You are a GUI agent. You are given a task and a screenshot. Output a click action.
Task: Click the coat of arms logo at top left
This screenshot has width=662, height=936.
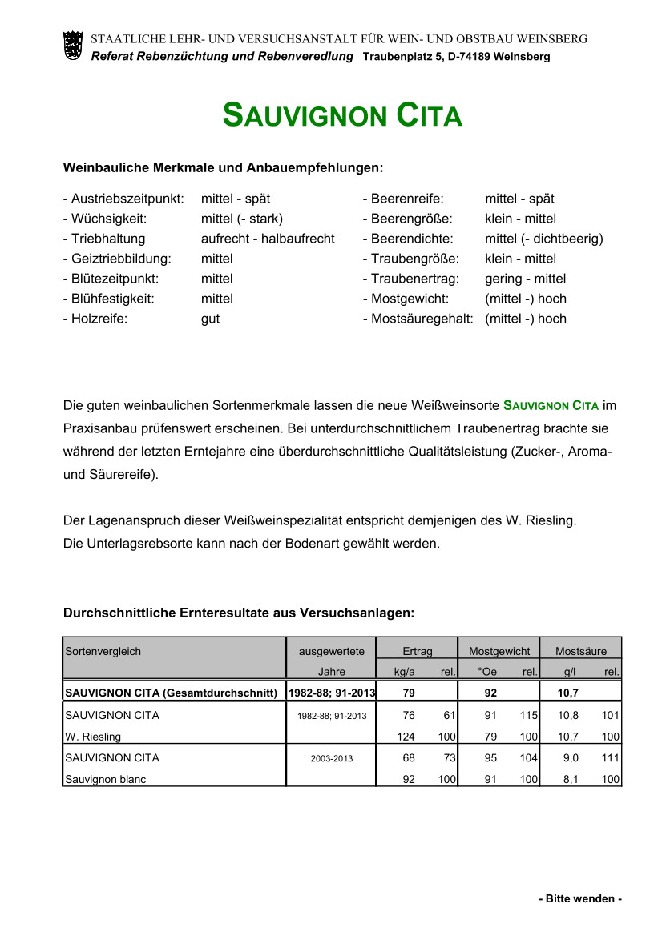72,45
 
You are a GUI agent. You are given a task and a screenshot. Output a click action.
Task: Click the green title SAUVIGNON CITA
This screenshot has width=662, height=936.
342,116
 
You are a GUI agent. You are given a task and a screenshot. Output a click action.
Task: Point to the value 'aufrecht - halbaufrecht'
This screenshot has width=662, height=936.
268,239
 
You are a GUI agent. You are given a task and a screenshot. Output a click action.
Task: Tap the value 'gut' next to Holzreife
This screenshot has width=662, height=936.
210,319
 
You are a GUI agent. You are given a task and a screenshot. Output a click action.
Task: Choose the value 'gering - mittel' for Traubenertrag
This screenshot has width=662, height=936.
525,279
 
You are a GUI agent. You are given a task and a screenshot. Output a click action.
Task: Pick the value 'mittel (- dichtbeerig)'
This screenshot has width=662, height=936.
543,239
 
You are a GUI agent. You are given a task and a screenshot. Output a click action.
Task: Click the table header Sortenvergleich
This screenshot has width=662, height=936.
103,651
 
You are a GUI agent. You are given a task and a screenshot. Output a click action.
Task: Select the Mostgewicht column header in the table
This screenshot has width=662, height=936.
499,651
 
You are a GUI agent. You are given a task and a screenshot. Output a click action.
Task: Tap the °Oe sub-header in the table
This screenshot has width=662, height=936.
487,672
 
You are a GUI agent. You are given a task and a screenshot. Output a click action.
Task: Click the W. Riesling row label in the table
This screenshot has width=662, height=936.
93,737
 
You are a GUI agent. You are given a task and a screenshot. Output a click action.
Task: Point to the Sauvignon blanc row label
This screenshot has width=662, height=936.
105,778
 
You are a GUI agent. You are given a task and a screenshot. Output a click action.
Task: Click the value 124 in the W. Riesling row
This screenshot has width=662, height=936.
406,737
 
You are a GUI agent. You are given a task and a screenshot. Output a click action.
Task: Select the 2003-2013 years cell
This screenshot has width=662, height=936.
332,758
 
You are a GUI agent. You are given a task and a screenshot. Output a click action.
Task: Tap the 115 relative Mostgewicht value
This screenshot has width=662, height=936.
528,716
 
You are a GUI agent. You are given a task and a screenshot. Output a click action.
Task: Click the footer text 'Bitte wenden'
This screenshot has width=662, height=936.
579,899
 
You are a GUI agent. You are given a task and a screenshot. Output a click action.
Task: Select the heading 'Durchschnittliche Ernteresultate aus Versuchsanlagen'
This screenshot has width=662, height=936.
238,613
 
